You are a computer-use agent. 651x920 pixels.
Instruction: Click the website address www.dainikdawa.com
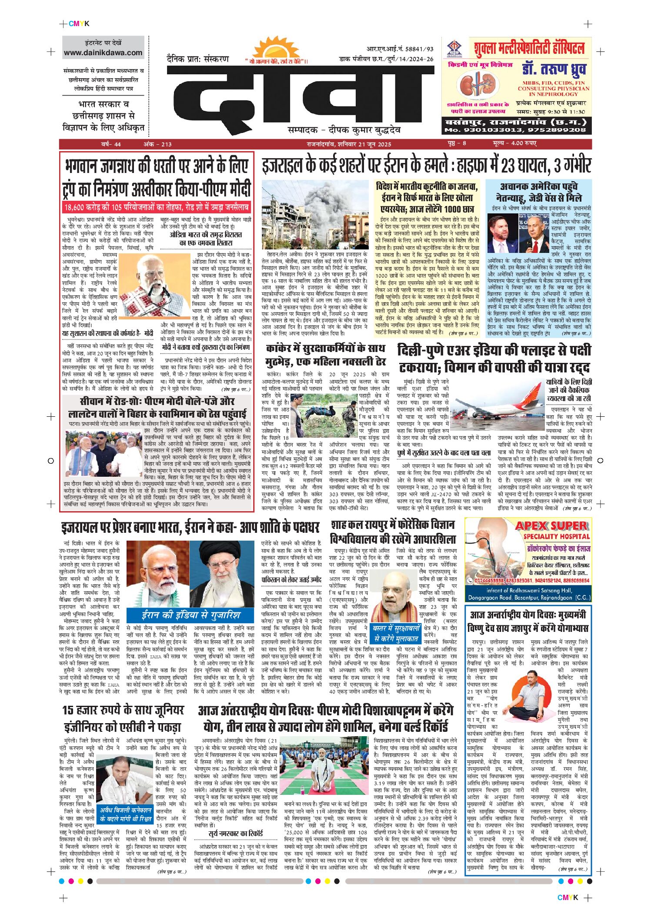point(103,53)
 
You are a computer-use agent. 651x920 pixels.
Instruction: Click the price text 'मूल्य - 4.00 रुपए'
point(515,143)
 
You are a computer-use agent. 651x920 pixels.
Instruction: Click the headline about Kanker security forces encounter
point(326,355)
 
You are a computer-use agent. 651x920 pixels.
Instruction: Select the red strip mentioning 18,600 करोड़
point(157,207)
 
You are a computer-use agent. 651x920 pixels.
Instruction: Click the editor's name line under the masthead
point(344,130)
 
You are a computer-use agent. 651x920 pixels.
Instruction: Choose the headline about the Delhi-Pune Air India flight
point(494,358)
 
